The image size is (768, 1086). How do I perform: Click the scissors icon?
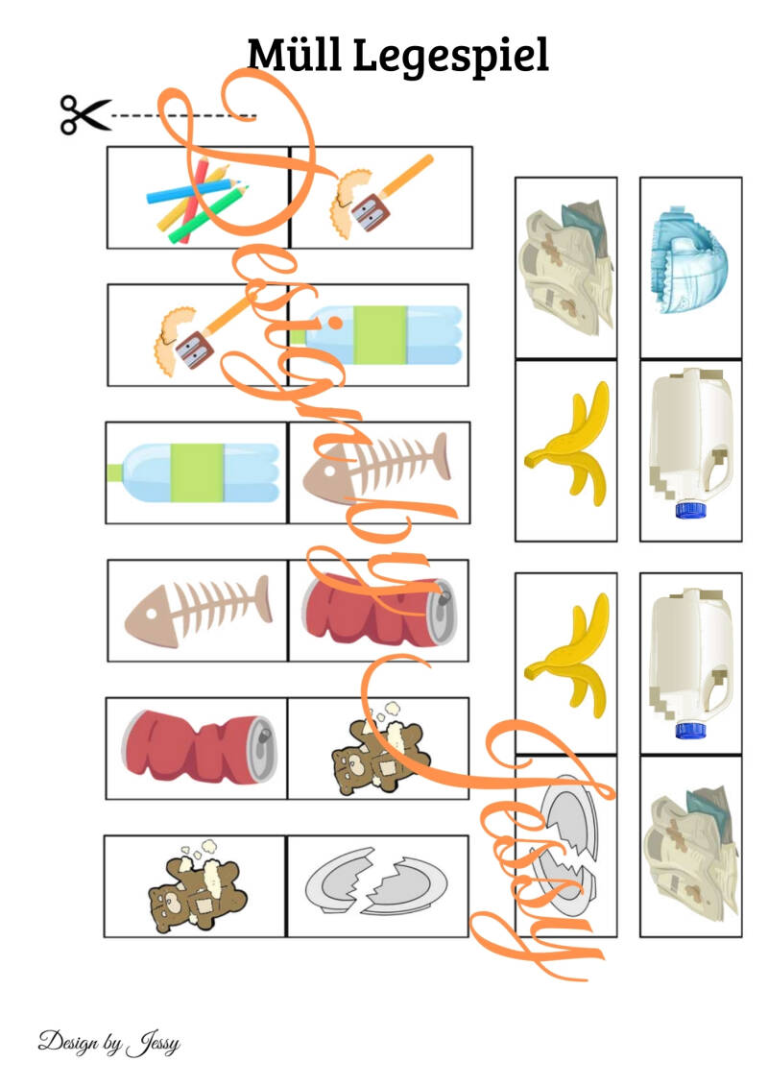click(84, 115)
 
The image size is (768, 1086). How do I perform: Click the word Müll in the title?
click(295, 55)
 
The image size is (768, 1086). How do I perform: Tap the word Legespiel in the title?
click(451, 57)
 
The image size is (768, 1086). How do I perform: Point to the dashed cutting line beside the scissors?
click(183, 115)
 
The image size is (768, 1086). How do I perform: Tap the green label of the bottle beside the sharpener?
click(379, 335)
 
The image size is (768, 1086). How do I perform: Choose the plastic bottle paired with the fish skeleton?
click(193, 472)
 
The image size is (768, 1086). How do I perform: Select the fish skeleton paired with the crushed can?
click(198, 612)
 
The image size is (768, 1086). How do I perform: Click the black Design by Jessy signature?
click(108, 1043)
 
